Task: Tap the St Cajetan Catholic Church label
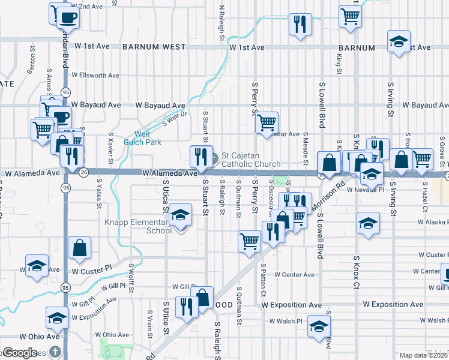(251, 160)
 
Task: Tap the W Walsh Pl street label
(286, 321)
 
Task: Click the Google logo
(19, 352)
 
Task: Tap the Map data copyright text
(423, 355)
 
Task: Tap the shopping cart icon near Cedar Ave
(267, 122)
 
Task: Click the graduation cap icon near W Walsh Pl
(318, 326)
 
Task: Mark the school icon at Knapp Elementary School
(180, 215)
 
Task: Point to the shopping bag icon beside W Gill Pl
(203, 296)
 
